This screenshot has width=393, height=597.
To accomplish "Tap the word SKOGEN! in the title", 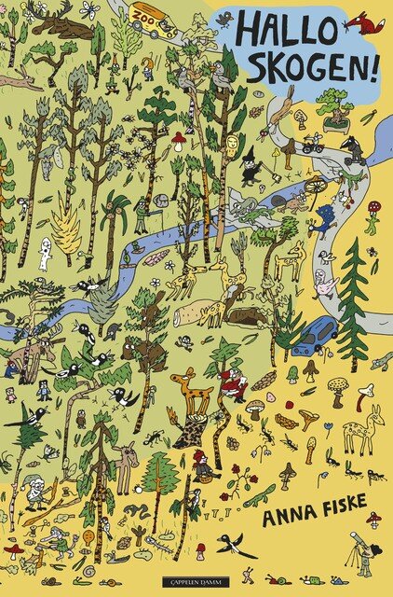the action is point(297,66).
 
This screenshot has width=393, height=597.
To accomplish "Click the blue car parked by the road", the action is point(315,336).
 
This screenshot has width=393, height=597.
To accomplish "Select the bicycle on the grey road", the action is point(312,144).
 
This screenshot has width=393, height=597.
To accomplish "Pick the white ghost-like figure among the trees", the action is point(45,253).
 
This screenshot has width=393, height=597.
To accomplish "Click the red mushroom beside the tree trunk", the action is point(178,140).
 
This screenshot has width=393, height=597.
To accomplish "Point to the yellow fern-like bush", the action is point(66,225).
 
